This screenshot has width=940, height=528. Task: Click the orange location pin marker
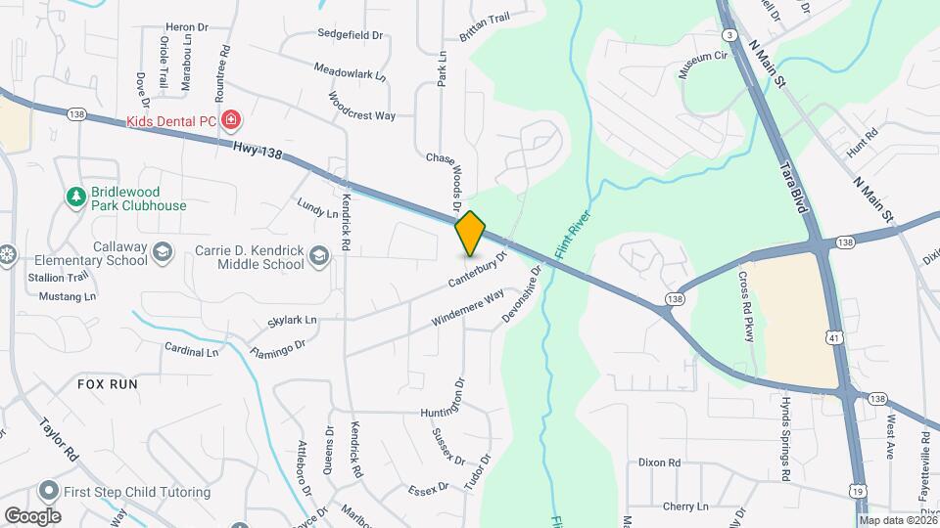[x=471, y=233]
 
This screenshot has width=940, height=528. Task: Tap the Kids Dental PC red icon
[x=231, y=121]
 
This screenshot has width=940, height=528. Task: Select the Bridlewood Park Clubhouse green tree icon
[x=75, y=198]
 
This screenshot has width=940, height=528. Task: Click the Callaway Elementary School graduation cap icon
[x=162, y=253]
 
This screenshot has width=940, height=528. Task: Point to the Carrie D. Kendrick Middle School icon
[x=317, y=256]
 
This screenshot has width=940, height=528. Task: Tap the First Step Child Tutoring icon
[x=47, y=491]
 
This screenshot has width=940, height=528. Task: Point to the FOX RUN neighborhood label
[x=108, y=384]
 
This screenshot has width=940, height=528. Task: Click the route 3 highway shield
[x=729, y=35]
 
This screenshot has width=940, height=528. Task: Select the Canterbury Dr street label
[x=479, y=271]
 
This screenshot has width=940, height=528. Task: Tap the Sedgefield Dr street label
[x=350, y=34]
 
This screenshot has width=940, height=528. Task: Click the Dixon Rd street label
[x=659, y=462]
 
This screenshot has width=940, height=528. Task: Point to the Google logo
[x=32, y=515]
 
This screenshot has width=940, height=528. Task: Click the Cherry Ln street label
[x=684, y=506]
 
